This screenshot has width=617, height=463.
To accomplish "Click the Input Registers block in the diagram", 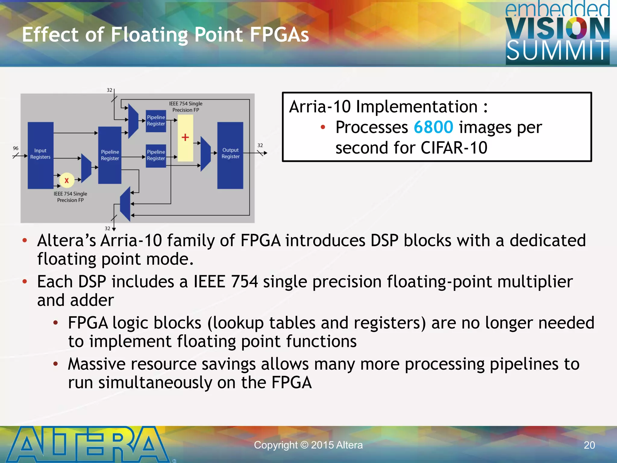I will point(40,155).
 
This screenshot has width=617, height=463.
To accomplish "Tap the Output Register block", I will point(230,155).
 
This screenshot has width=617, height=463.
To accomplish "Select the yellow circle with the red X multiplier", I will point(67,180).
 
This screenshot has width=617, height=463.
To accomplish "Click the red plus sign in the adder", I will point(185,137).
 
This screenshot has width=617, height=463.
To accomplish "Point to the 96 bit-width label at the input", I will point(16,148).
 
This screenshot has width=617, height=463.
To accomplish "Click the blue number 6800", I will point(433,127).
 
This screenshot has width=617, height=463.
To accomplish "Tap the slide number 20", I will point(589,445).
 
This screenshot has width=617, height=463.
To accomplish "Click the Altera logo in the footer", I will point(87,444).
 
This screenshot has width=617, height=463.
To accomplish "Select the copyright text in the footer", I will point(308,445).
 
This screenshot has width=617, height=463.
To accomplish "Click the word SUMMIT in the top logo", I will point(557,51).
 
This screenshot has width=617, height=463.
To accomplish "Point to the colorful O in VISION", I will point(576,28).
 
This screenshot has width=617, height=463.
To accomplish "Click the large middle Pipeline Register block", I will point(110,155).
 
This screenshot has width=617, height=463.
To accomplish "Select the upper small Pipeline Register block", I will point(156,121).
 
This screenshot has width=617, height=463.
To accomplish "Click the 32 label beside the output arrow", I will point(260,145).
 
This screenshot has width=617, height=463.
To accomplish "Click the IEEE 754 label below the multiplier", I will point(70,197).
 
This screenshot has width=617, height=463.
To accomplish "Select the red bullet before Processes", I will point(323,127).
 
